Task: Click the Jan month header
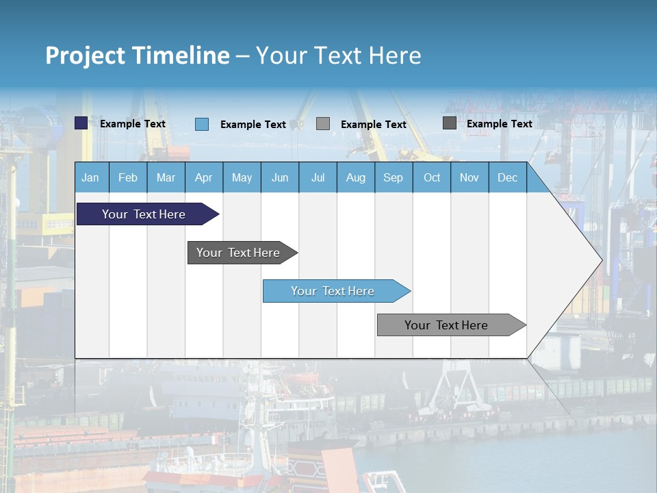91,177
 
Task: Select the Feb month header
128,177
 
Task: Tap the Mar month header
166,177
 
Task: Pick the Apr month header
204,177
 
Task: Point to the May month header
242,177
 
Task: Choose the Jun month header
280,177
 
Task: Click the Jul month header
318,177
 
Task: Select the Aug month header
356,177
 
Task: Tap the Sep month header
394,177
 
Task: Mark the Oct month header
432,177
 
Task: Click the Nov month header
469,177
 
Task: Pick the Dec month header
508,177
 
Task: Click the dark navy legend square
81,123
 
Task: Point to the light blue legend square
202,124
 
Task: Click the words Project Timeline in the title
138,55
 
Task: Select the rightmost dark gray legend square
450,123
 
